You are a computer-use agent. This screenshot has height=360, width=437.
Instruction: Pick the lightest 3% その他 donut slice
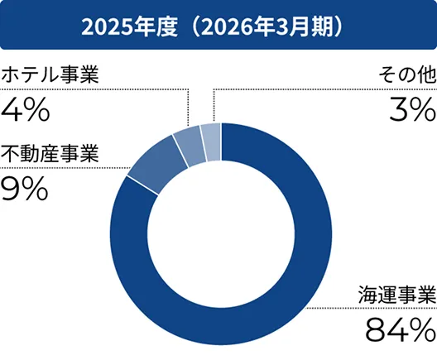point(211,137)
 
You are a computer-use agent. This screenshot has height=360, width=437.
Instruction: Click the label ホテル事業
point(50,75)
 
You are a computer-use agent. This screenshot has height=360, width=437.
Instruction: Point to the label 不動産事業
point(50,154)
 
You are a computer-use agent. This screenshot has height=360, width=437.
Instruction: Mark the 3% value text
point(411,109)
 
